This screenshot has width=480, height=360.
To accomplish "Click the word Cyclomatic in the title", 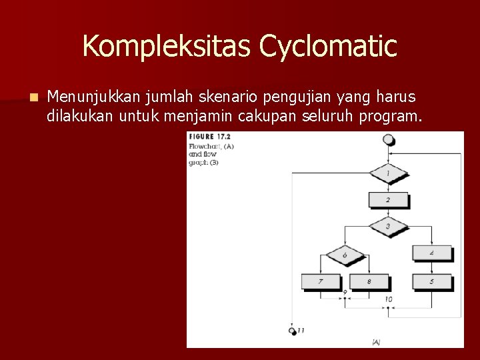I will (328, 47).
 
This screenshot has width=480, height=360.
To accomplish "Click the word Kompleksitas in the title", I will (167, 47).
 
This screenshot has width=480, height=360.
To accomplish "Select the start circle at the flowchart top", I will (389, 139).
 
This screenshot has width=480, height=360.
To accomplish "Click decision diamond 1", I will (388, 174).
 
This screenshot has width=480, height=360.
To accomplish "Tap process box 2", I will (388, 199).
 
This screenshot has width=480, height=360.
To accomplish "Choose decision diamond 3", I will (388, 227).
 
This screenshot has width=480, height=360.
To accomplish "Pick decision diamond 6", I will (345, 255).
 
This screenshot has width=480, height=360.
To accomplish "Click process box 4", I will (431, 253).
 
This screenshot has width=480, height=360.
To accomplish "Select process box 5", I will (431, 281).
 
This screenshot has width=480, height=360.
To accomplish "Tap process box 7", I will (320, 281).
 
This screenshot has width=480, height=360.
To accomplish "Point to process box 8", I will (369, 281).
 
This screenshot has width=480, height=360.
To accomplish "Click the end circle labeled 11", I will (293, 331).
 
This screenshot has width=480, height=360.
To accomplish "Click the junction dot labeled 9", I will (345, 299).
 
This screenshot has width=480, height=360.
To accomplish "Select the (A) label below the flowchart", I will (376, 342).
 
